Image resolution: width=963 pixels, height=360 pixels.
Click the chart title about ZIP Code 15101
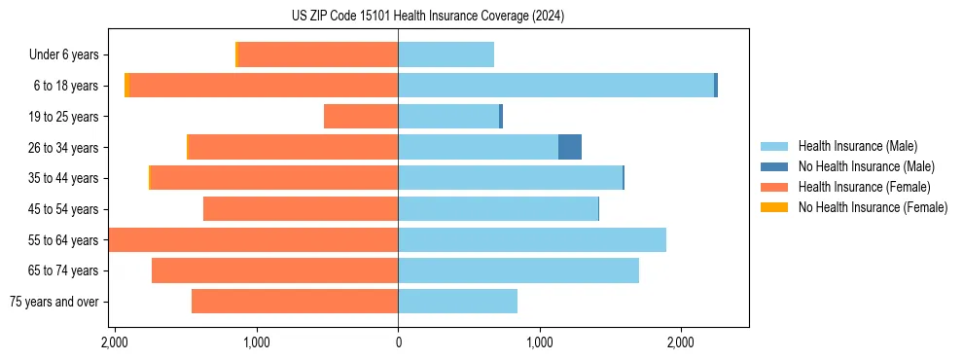[427, 17]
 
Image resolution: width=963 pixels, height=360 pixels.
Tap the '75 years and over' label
[54, 302]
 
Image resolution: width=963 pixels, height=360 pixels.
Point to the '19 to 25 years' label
[62, 117]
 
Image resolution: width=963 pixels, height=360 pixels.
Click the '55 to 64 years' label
[62, 240]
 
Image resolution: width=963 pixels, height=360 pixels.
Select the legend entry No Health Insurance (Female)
[873, 207]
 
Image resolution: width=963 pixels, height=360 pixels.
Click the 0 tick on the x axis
[398, 343]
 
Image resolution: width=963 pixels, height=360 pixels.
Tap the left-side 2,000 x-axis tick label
[115, 343]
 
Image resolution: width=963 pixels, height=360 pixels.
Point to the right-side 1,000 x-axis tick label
[540, 343]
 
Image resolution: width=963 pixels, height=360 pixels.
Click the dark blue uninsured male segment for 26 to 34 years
[570, 147]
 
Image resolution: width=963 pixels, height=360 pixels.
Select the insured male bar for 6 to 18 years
[555, 86]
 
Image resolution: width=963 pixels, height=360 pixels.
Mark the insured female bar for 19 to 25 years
[361, 117]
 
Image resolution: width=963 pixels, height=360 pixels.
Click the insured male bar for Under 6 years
[446, 54]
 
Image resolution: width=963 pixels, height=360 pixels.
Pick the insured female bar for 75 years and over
[295, 302]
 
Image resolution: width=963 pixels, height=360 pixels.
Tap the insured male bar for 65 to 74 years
[518, 270]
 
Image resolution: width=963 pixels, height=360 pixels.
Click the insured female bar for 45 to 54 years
[301, 209]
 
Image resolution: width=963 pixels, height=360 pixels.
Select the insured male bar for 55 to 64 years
[532, 240]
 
